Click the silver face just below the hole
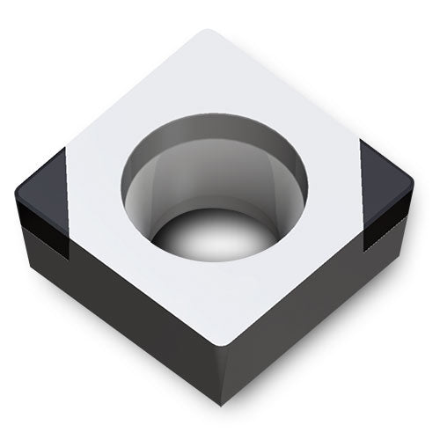[224, 299]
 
